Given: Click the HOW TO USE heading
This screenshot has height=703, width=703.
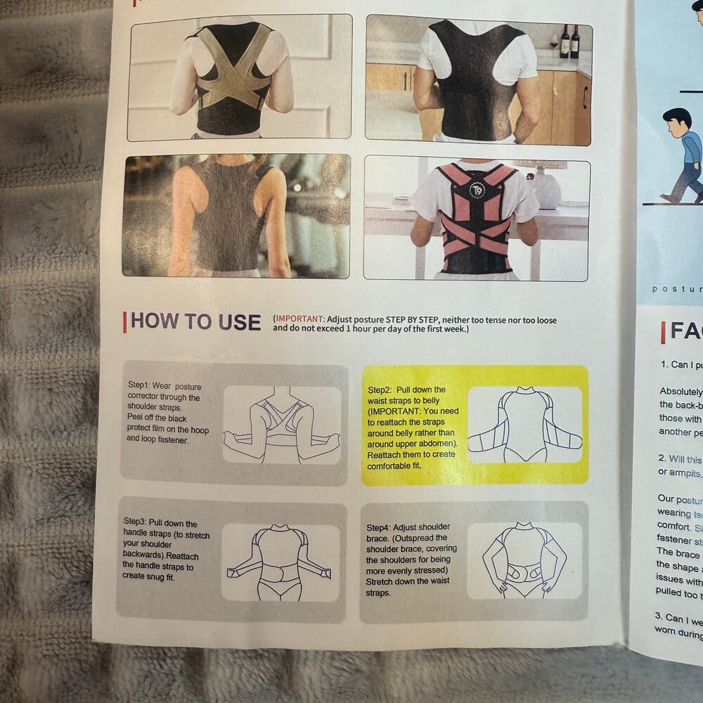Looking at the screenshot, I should point(195,322).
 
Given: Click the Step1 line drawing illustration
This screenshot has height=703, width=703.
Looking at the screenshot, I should point(282,425).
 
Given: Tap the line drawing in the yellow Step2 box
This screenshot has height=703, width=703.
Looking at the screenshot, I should point(524,425).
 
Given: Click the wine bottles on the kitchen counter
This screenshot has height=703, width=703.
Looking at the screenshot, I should point(569,41).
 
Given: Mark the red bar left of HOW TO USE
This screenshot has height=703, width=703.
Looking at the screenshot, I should point(125,322).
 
